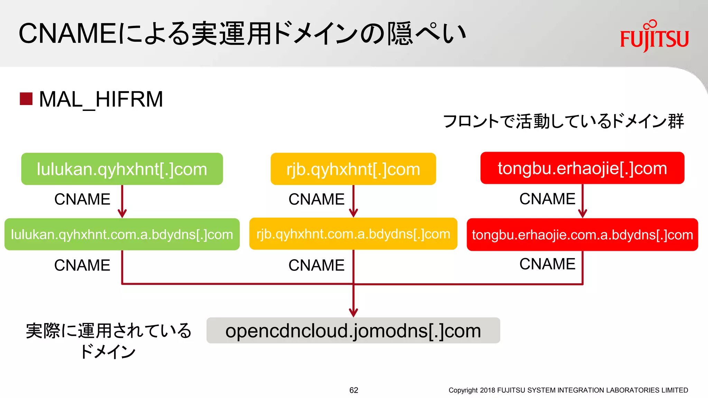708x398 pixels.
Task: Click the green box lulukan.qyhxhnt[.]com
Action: point(122,169)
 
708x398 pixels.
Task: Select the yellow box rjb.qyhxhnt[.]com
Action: point(353,169)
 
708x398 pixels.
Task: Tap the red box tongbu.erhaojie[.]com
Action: point(582,168)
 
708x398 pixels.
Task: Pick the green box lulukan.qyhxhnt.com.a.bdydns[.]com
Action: point(122,234)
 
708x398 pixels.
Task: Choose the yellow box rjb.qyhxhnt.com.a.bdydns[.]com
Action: point(353,234)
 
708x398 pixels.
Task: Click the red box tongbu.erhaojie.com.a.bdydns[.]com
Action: point(582,235)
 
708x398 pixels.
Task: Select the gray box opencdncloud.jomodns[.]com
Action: point(353,331)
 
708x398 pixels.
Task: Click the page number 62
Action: point(354,390)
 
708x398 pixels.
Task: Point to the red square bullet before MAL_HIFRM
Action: point(26,99)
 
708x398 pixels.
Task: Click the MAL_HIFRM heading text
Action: point(101,99)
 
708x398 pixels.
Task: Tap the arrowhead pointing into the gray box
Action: point(353,312)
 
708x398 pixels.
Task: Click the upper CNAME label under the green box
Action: point(82,199)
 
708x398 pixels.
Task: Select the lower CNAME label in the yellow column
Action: point(316,265)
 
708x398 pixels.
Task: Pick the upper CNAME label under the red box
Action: point(547,199)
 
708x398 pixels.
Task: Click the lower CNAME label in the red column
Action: point(547,264)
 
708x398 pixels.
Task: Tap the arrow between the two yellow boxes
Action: point(353,201)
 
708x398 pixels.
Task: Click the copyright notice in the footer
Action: point(568,390)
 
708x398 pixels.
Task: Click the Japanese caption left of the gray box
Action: point(108,340)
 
